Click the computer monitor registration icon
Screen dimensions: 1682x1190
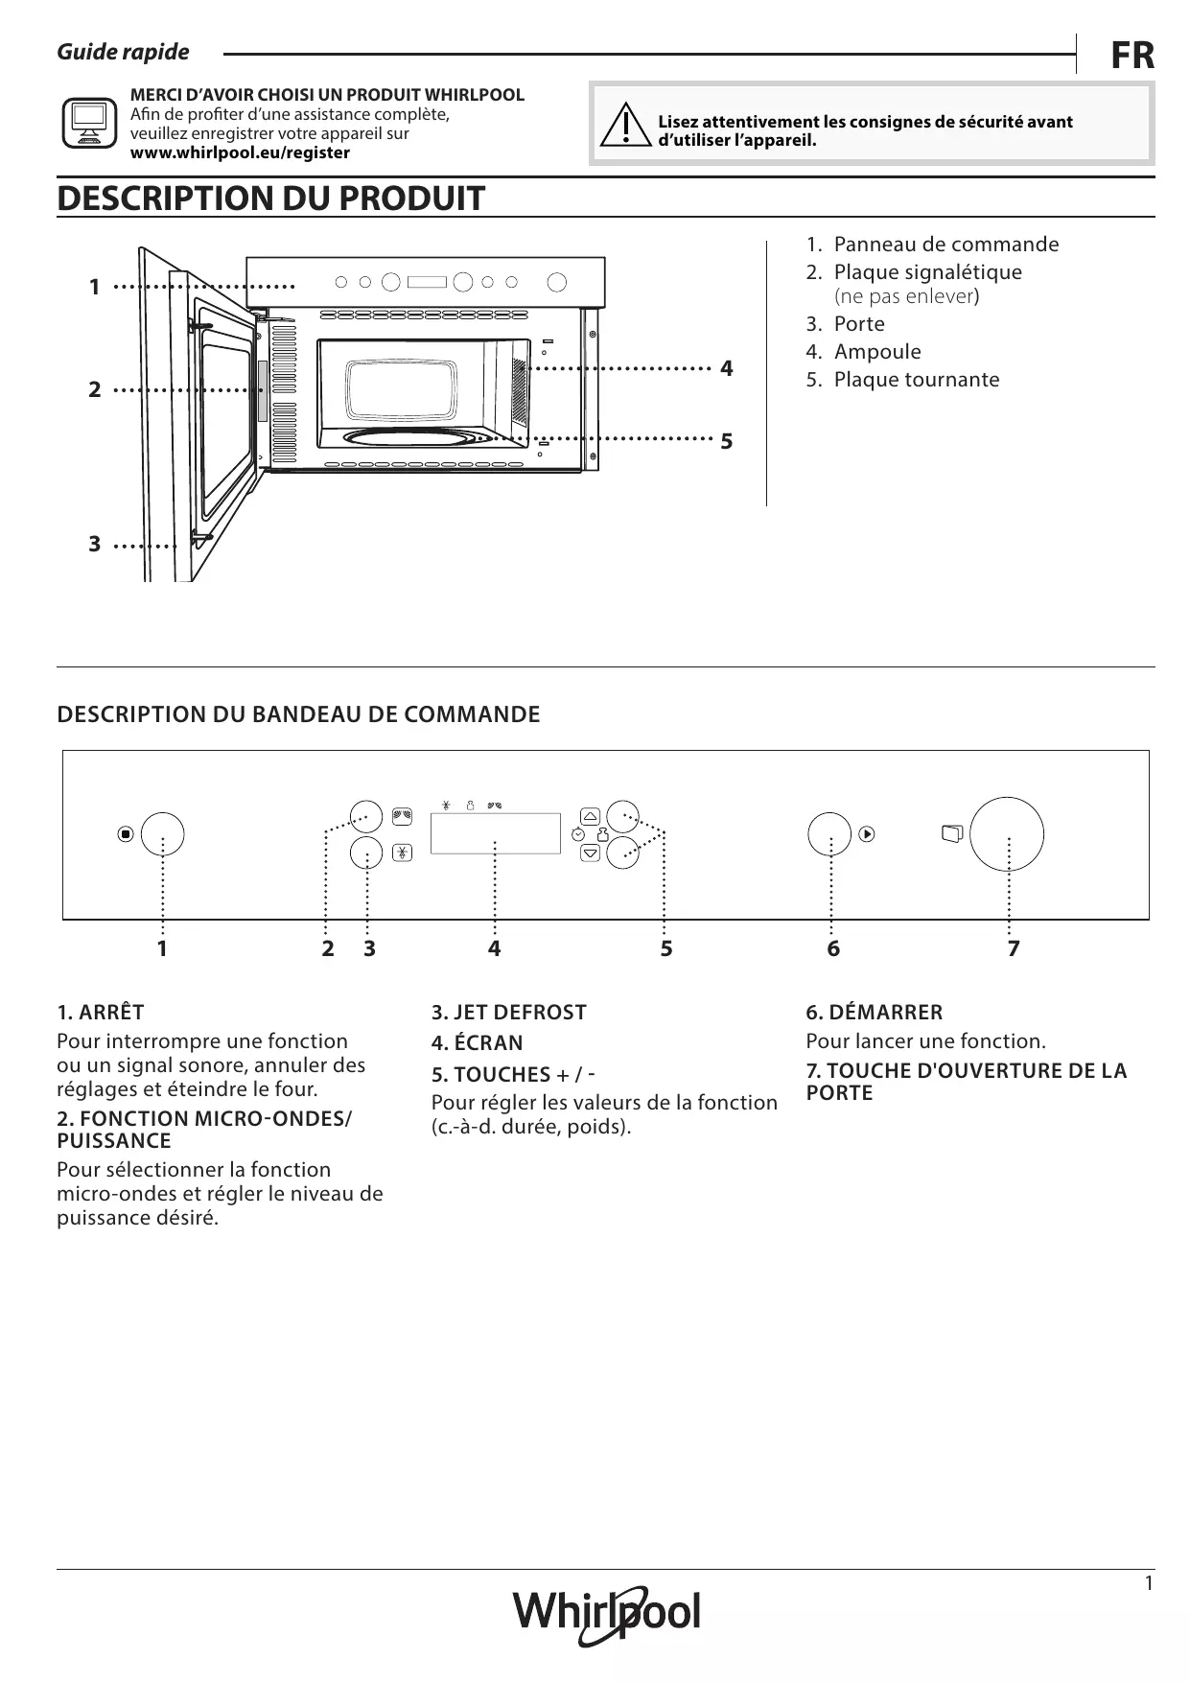(x=88, y=123)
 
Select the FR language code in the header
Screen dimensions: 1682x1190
(x=1132, y=56)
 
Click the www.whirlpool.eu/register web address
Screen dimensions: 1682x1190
(x=240, y=152)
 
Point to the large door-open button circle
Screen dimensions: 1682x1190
(x=1006, y=832)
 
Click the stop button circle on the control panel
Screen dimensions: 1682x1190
(x=162, y=833)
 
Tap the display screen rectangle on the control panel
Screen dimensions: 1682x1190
(x=495, y=832)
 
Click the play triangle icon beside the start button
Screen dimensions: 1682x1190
(x=866, y=834)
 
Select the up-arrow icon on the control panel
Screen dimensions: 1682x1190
(x=590, y=816)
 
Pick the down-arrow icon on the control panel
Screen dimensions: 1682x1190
(x=590, y=852)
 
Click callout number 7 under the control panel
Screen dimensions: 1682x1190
(x=1013, y=948)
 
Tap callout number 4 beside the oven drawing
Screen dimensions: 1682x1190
(x=726, y=368)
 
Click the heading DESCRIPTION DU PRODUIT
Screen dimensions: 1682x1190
(x=270, y=199)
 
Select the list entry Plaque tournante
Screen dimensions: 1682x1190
(x=916, y=380)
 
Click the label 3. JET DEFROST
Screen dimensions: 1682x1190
(x=508, y=1012)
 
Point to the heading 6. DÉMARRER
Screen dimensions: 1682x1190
(x=874, y=1012)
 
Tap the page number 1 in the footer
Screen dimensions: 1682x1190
(x=1149, y=1583)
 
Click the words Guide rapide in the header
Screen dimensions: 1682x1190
(x=123, y=52)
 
